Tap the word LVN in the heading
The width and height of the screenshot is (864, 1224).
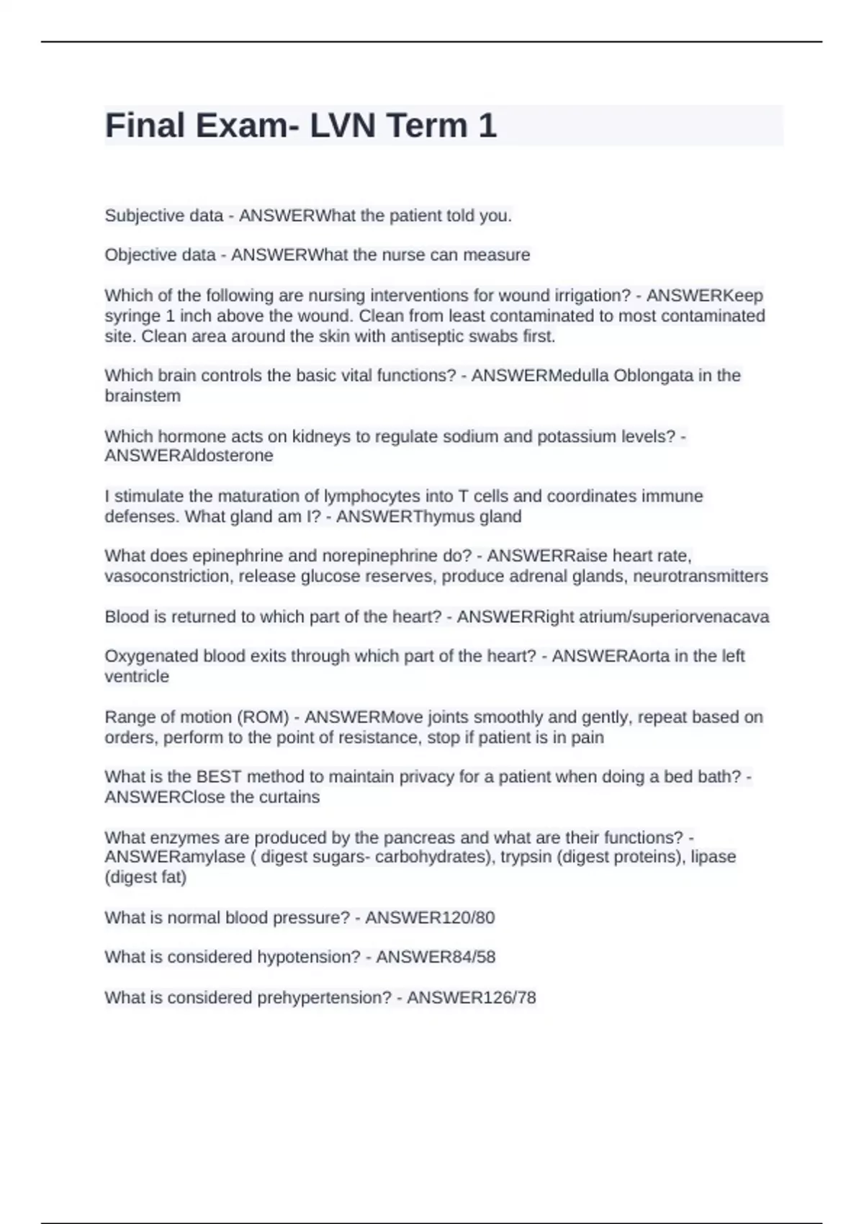pyautogui.click(x=343, y=125)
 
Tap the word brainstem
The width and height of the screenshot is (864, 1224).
pyautogui.click(x=143, y=396)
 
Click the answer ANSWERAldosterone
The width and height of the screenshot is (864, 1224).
pyautogui.click(x=189, y=456)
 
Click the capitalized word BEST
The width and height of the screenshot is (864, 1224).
pyautogui.click(x=219, y=777)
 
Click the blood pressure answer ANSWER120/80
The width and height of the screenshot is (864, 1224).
pyautogui.click(x=430, y=918)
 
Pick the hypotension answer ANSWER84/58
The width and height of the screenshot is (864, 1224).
pyautogui.click(x=436, y=957)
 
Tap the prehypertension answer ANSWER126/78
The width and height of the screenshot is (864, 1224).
pyautogui.click(x=471, y=998)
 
